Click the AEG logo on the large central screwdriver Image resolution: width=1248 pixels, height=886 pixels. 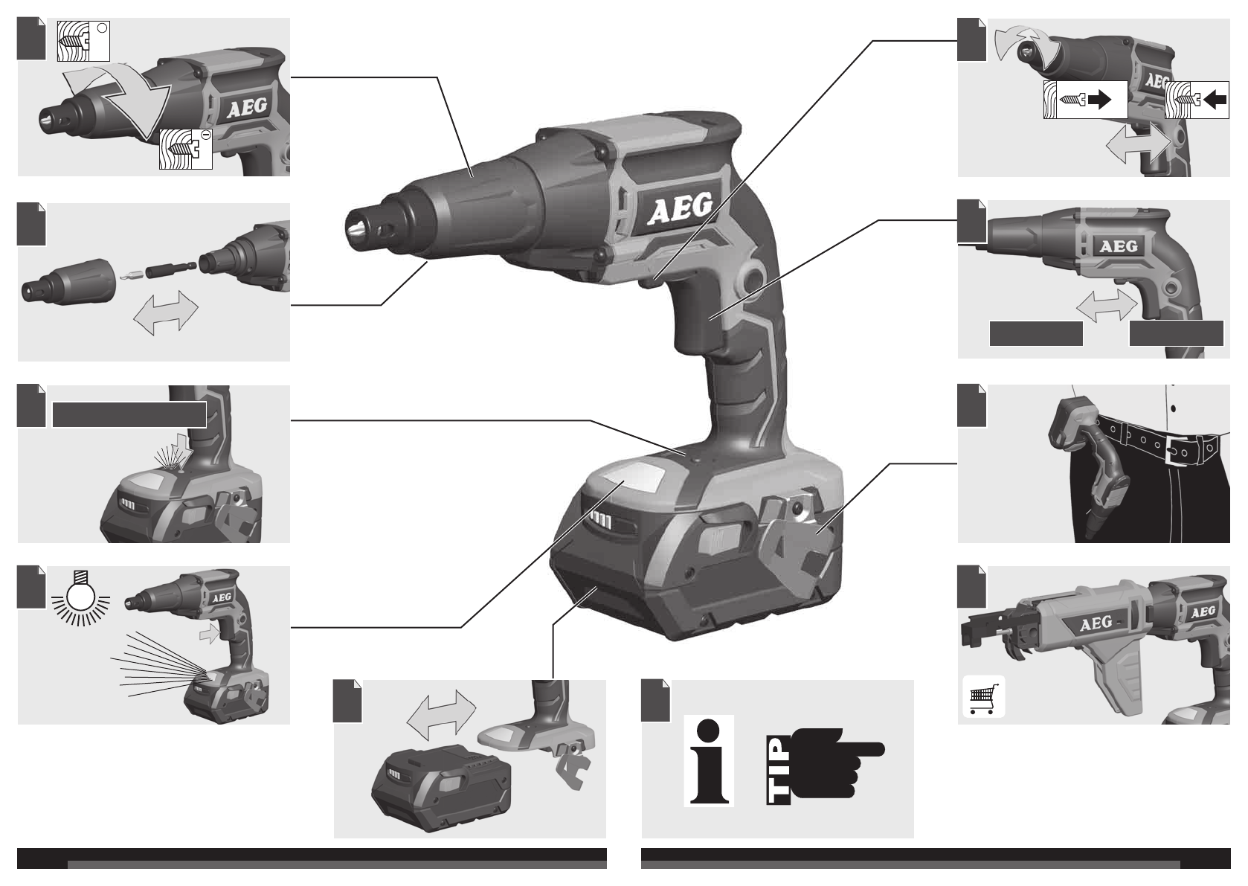click(679, 208)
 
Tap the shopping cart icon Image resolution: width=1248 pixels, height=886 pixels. click(983, 696)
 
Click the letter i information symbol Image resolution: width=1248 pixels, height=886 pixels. click(709, 760)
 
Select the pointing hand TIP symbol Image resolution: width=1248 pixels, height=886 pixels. click(826, 763)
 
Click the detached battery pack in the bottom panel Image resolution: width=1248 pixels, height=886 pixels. click(441, 787)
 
